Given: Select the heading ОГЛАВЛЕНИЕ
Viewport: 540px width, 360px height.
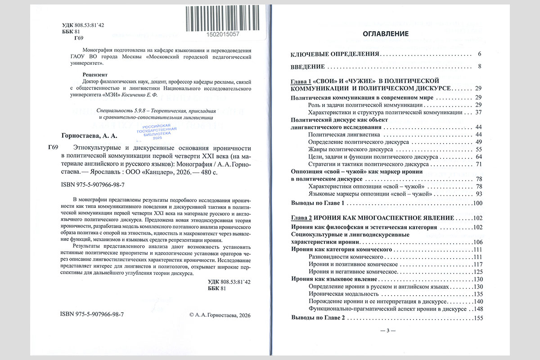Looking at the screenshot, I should [386, 34].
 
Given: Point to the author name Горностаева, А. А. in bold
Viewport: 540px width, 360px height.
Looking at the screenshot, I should [88, 135].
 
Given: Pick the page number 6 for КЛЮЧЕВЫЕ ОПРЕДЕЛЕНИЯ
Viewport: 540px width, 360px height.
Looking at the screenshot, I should [480, 54].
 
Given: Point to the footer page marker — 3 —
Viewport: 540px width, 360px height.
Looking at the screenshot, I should [387, 331].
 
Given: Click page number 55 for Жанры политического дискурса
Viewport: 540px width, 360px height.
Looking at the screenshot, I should [479, 149].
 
